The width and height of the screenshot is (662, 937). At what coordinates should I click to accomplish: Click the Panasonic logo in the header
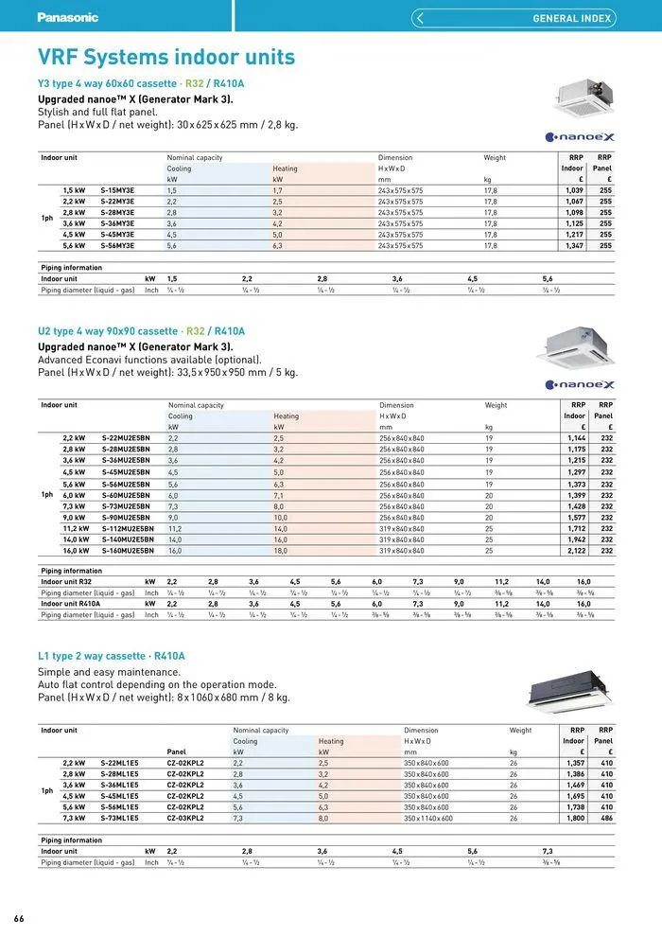tap(67, 17)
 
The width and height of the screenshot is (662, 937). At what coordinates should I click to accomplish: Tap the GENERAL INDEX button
tap(514, 18)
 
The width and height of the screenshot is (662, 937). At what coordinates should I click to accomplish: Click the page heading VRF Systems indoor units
tap(165, 58)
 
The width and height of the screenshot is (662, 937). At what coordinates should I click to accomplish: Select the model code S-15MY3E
tap(117, 190)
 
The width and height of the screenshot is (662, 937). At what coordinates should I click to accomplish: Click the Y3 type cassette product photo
tap(583, 95)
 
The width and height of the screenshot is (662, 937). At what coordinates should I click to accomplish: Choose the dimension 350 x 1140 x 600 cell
tap(428, 818)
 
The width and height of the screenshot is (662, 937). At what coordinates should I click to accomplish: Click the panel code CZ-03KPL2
tap(185, 818)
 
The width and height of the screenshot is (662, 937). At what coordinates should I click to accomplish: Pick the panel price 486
tap(605, 818)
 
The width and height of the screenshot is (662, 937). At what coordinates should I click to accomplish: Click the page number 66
tap(19, 919)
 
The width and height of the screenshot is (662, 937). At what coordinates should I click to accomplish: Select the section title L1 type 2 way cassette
tap(111, 656)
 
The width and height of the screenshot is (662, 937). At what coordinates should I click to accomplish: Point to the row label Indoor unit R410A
tap(71, 603)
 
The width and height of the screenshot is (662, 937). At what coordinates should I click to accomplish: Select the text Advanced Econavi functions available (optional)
tap(149, 360)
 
